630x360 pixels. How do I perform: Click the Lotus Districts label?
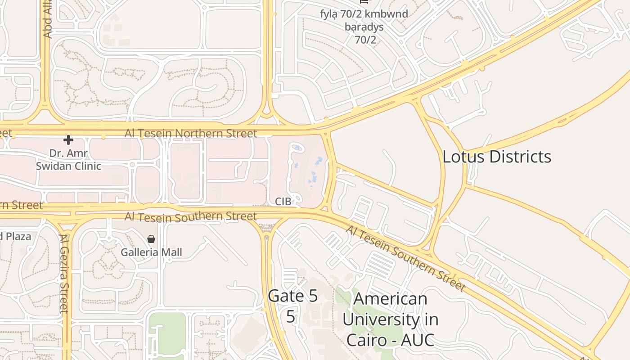[497, 157]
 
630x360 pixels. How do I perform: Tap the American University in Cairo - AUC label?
[390, 319]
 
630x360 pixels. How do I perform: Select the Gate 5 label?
[292, 296]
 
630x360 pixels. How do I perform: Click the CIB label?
[283, 201]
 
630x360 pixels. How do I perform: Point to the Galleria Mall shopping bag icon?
[151, 238]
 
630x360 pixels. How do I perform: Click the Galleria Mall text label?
[151, 252]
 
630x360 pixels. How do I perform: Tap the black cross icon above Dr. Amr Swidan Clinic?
[68, 140]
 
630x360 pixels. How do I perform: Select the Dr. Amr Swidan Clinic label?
[68, 159]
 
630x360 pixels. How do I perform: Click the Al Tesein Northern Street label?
[191, 133]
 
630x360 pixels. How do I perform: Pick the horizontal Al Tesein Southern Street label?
[191, 216]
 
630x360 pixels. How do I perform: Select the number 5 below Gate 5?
[291, 316]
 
